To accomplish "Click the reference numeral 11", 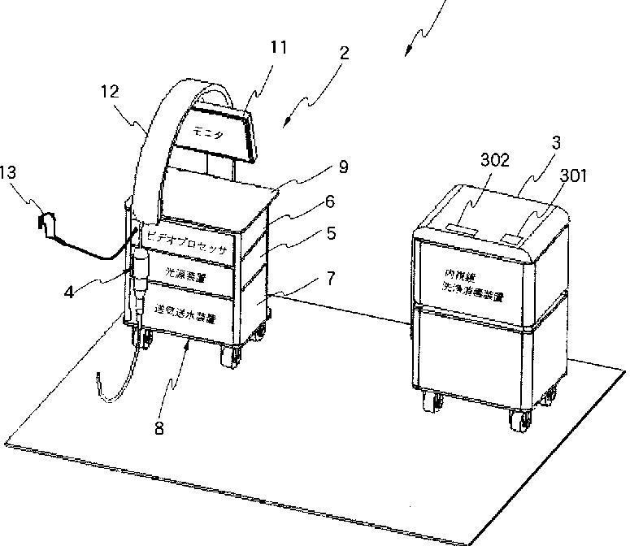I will [x=278, y=48].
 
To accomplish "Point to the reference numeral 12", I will [x=110, y=92].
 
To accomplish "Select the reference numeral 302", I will [x=495, y=160].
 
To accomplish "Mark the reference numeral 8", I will [x=159, y=428].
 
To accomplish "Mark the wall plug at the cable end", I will [x=47, y=223].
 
